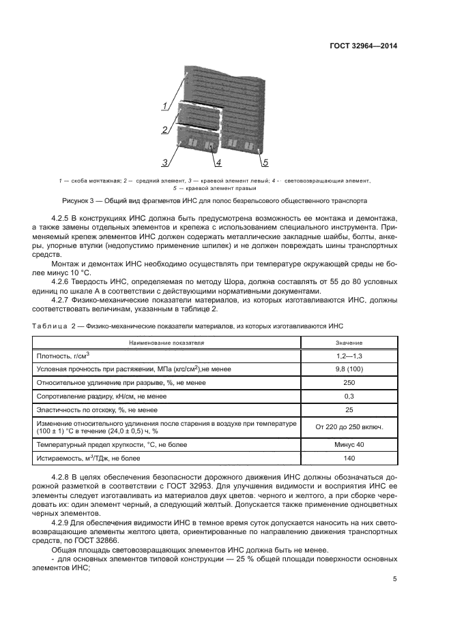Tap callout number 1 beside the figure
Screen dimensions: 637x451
(165, 106)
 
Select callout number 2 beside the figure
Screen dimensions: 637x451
(165, 129)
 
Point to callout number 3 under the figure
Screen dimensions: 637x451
(165, 162)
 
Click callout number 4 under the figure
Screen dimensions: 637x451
(218, 162)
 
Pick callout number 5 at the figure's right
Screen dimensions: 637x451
(265, 162)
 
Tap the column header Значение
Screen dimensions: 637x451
(349, 342)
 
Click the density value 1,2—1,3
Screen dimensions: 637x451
(349, 356)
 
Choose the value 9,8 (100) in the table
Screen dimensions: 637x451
(349, 369)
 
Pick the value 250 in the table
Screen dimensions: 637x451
(349, 383)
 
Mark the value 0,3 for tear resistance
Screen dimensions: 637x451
(349, 397)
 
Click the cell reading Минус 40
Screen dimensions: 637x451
(349, 444)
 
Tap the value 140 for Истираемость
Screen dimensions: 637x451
(349, 459)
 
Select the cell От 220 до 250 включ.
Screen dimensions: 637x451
(349, 427)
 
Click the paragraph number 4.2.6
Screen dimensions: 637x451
(64, 280)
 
